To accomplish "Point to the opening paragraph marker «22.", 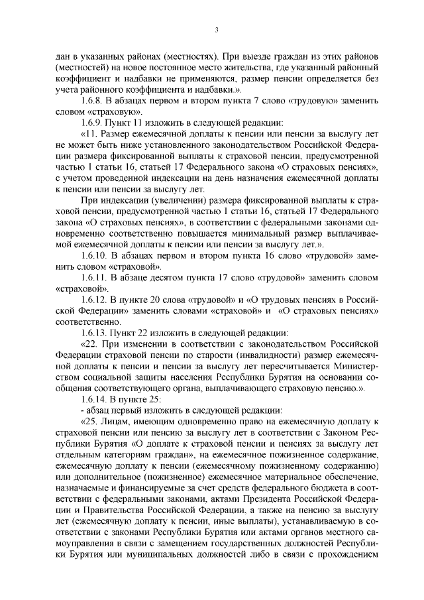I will (x=88, y=344).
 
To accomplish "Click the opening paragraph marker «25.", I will (x=88, y=421).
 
